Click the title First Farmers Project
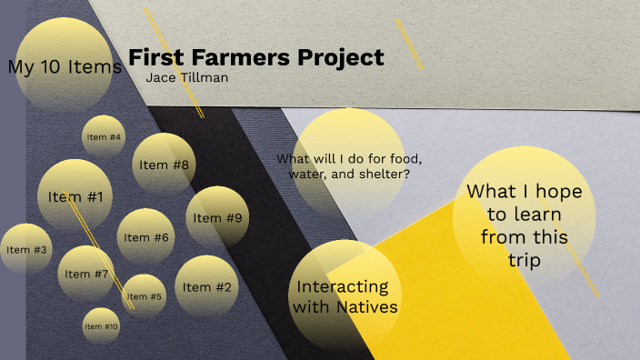pos(256,58)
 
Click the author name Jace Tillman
pos(187,78)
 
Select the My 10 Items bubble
pos(65,66)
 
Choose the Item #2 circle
pos(206,287)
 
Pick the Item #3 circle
pos(25,249)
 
